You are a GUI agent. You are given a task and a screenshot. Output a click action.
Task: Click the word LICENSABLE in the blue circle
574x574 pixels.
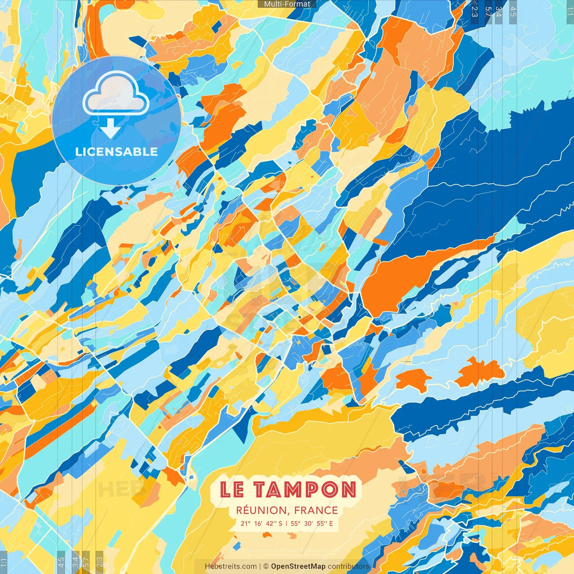click(x=116, y=152)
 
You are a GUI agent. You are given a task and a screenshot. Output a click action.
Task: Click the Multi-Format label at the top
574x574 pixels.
click(x=287, y=4)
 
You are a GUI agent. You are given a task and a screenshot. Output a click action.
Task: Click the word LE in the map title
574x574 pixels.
click(x=232, y=490)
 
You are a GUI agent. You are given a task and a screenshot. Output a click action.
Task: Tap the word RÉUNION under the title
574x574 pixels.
click(x=261, y=510)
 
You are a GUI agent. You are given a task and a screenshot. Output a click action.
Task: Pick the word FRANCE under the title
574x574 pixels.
click(x=316, y=510)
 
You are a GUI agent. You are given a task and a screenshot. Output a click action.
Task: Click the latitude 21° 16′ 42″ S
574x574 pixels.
click(x=261, y=523)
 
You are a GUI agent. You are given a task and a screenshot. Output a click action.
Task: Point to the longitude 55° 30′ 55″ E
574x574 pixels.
click(x=312, y=523)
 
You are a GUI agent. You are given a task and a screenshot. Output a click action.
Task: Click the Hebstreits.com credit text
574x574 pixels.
click(x=230, y=566)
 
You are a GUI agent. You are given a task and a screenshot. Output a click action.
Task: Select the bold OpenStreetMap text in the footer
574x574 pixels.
click(x=298, y=566)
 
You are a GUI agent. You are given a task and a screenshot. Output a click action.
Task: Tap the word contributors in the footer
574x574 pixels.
click(x=348, y=566)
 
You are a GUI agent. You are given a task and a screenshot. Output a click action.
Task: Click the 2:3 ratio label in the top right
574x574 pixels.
click(x=474, y=12)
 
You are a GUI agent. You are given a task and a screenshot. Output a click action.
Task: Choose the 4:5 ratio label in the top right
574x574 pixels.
click(x=513, y=12)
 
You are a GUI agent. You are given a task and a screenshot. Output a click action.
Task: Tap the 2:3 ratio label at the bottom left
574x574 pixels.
click(x=100, y=562)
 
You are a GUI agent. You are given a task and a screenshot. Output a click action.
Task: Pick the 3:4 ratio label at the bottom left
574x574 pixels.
click(x=75, y=562)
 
